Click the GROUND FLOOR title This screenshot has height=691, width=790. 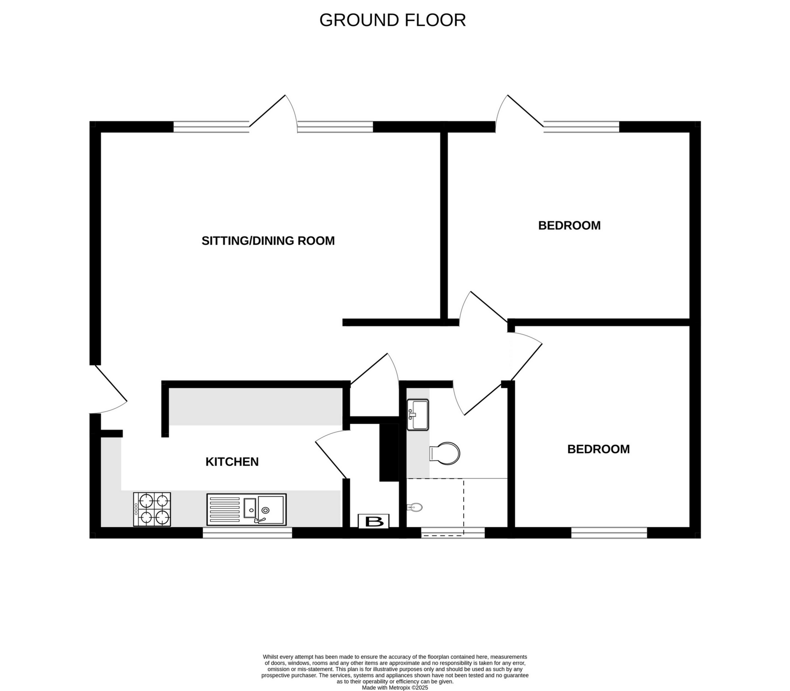[x=393, y=20]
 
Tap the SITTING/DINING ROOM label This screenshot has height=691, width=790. [x=268, y=241]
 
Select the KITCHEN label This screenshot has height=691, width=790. [x=232, y=462]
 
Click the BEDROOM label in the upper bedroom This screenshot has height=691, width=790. [x=569, y=226]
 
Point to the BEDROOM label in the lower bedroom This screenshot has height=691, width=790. [x=598, y=449]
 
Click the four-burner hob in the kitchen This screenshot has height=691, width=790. [x=152, y=509]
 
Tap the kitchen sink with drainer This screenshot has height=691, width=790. [x=246, y=510]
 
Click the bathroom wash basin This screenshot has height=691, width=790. [x=418, y=415]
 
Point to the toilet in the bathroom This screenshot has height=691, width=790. [x=445, y=454]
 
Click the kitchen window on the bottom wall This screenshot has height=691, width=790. [x=247, y=533]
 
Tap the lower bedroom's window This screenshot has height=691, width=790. [x=609, y=533]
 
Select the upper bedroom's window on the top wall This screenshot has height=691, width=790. [x=581, y=127]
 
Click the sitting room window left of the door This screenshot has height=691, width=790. [x=211, y=127]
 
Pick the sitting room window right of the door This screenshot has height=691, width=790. [x=335, y=127]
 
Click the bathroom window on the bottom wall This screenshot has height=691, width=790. [x=453, y=533]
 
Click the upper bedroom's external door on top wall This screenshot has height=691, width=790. [x=519, y=110]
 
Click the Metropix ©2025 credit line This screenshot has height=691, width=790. [x=395, y=687]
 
